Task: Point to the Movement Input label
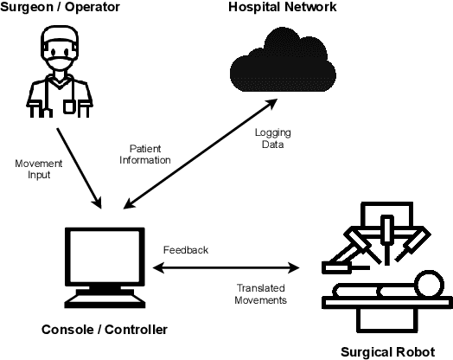pyautogui.click(x=37, y=168)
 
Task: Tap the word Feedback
pyautogui.click(x=186, y=250)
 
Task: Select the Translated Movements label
pyautogui.click(x=262, y=294)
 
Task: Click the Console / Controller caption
pyautogui.click(x=104, y=330)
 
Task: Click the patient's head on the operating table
pyautogui.click(x=425, y=282)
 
